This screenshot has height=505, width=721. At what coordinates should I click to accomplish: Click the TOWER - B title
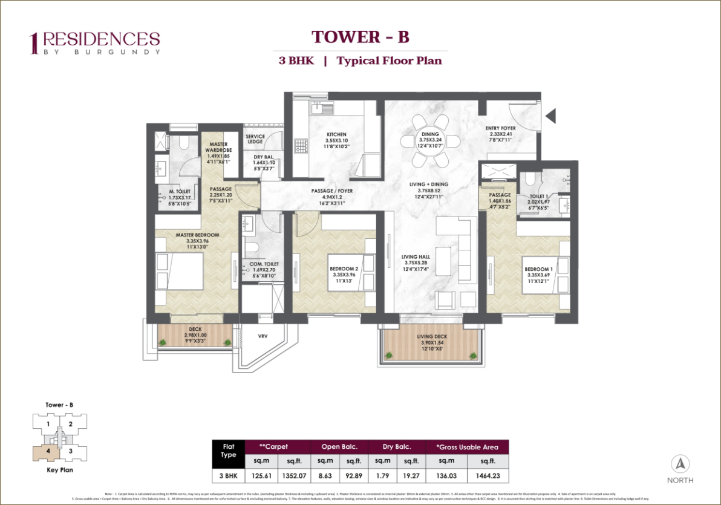coord(360,37)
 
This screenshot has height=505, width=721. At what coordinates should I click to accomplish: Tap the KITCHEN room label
coord(336,134)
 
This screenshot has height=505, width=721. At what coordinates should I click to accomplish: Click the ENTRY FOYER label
coord(501,128)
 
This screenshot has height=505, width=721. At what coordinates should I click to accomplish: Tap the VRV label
coord(263,336)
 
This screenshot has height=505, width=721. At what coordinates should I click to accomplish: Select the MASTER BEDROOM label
coord(197,235)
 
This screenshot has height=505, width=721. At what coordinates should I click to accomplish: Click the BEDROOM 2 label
coord(344,269)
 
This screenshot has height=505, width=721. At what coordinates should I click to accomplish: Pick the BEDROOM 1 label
coord(538,269)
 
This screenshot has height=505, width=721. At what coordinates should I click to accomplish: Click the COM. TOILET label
coord(264,264)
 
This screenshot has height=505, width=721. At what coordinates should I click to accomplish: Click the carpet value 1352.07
coord(295,476)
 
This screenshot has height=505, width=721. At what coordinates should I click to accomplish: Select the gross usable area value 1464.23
coord(486,476)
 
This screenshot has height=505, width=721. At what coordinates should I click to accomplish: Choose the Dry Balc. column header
coord(397,447)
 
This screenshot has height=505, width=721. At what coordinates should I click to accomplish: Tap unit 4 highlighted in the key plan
coord(46,450)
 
